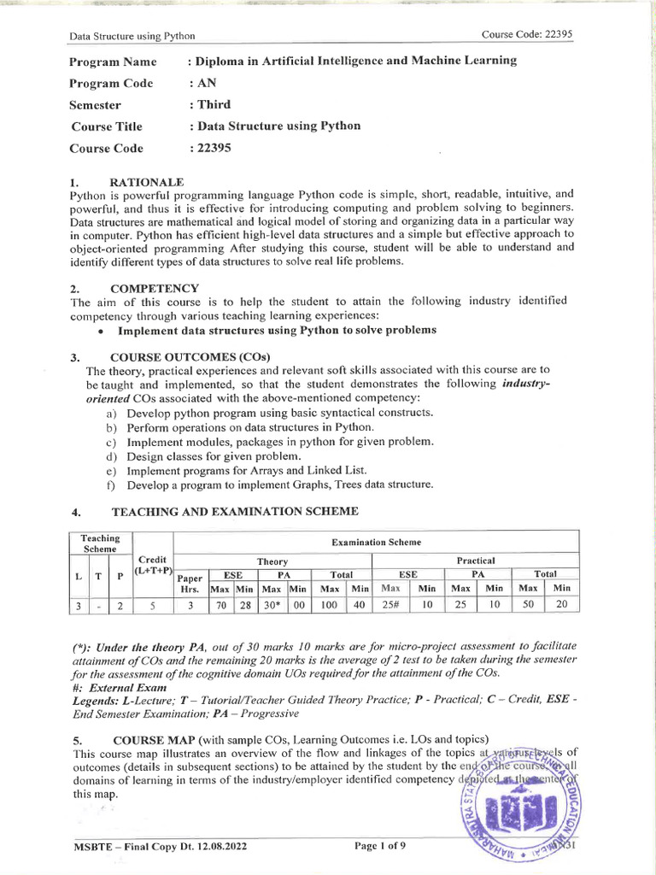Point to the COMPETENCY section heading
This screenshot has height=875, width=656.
tap(155, 288)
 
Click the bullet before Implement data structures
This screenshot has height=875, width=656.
tap(102, 331)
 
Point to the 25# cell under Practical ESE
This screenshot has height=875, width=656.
tap(390, 606)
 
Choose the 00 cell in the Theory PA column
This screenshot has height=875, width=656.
tap(297, 606)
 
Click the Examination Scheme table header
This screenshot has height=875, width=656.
tap(376, 543)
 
